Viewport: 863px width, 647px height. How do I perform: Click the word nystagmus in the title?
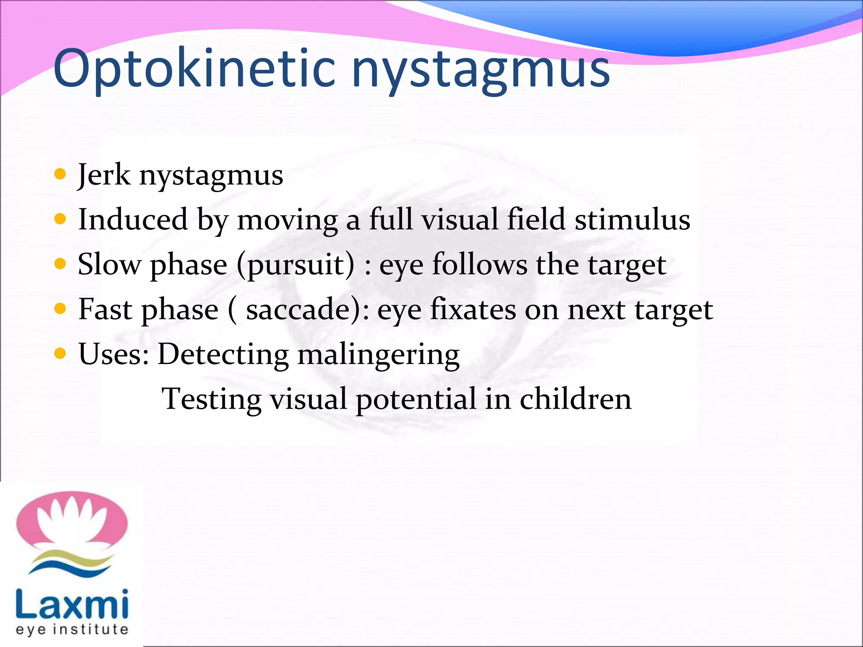click(x=480, y=70)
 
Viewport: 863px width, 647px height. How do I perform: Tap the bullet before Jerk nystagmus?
click(x=61, y=174)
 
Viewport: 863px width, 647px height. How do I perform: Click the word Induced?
click(x=133, y=219)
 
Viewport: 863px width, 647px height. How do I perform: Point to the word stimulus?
click(x=632, y=219)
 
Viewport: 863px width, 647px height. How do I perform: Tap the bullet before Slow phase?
click(x=61, y=264)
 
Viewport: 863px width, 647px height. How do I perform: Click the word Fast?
click(x=105, y=310)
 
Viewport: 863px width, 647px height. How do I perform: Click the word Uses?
click(x=114, y=354)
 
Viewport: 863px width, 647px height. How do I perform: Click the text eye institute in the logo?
click(x=72, y=629)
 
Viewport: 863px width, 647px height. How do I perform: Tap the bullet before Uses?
click(x=61, y=353)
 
